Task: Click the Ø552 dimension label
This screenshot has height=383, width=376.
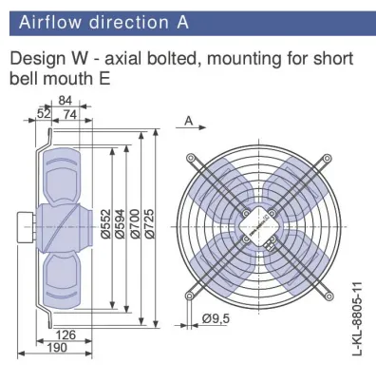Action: pyautogui.click(x=106, y=223)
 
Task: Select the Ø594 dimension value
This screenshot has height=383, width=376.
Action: pyautogui.click(x=121, y=223)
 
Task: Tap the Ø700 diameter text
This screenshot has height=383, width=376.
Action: pyautogui.click(x=135, y=223)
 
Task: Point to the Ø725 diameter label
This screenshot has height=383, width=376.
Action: pyautogui.click(x=149, y=223)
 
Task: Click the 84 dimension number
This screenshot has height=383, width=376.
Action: pyautogui.click(x=66, y=101)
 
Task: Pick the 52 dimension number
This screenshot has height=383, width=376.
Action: pyautogui.click(x=44, y=114)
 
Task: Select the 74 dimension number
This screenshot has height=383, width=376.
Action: pyautogui.click(x=70, y=114)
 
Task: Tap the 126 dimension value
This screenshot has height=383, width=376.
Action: pyautogui.click(x=66, y=335)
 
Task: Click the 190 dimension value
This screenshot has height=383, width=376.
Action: pyautogui.click(x=57, y=348)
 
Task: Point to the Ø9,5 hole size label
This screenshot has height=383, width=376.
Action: pyautogui.click(x=216, y=318)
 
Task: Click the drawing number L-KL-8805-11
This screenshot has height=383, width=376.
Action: pyautogui.click(x=357, y=318)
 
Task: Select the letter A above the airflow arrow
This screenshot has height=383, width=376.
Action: pyautogui.click(x=189, y=121)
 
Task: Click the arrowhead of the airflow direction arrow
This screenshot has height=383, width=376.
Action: pyautogui.click(x=202, y=127)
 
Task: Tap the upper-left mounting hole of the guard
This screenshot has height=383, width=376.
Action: pyautogui.click(x=190, y=158)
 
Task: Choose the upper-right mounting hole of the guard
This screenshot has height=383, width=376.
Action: pyautogui.click(x=328, y=158)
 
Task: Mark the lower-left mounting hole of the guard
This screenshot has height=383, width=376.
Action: pyautogui.click(x=189, y=296)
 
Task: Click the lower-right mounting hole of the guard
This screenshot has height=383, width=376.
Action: pyautogui.click(x=329, y=297)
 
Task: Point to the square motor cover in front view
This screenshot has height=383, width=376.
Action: pyautogui.click(x=259, y=226)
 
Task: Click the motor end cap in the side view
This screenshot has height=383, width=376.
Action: pyautogui.click(x=25, y=227)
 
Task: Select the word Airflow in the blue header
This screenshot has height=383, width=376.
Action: pyautogui.click(x=50, y=23)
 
